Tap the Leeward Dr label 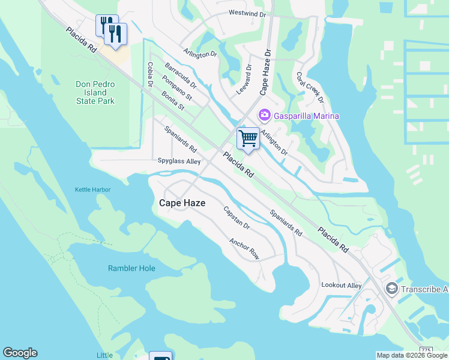click(x=248, y=76)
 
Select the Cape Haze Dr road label click(x=266, y=73)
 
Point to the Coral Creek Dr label click(x=310, y=88)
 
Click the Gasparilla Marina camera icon click(x=264, y=115)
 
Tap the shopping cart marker click(x=248, y=139)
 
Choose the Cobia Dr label click(x=150, y=74)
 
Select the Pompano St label click(x=176, y=88)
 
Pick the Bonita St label click(x=173, y=101)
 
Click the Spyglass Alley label click(x=179, y=161)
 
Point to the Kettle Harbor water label click(x=92, y=190)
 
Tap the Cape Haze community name click(x=182, y=203)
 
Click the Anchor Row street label click(x=244, y=248)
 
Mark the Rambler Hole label click(x=131, y=268)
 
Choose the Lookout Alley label click(x=342, y=286)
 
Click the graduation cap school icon click(x=391, y=289)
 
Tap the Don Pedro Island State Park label click(x=95, y=93)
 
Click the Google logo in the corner click(x=20, y=353)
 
